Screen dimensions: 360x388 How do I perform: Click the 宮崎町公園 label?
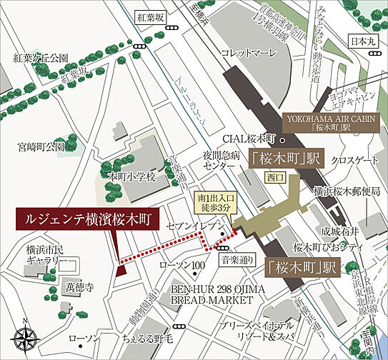point(41,147)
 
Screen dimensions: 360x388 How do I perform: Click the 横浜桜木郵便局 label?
point(346,192)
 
